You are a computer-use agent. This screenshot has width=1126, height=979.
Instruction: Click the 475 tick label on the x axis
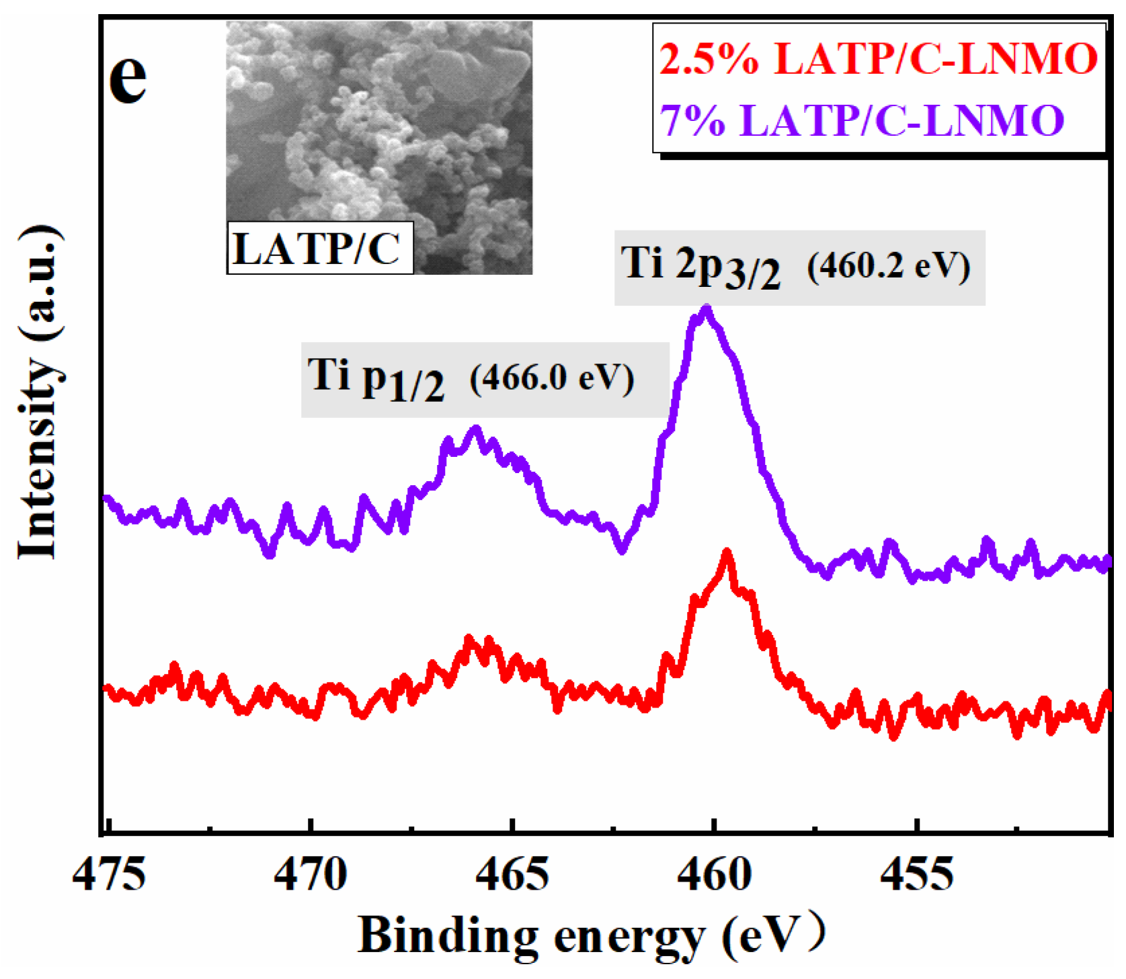[109, 876]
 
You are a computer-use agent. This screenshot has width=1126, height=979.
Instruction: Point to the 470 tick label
[311, 876]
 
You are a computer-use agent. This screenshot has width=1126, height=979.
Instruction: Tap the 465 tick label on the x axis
[512, 876]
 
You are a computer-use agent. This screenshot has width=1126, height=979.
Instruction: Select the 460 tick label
[714, 876]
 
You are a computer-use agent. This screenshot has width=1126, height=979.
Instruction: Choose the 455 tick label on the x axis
[916, 876]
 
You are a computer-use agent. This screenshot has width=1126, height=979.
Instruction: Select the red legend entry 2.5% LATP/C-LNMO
[878, 58]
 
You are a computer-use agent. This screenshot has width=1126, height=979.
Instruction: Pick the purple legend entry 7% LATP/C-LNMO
[862, 121]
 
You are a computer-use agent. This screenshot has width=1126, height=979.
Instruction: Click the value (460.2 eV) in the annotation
[888, 267]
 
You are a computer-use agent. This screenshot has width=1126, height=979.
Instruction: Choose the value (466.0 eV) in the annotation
[551, 379]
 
